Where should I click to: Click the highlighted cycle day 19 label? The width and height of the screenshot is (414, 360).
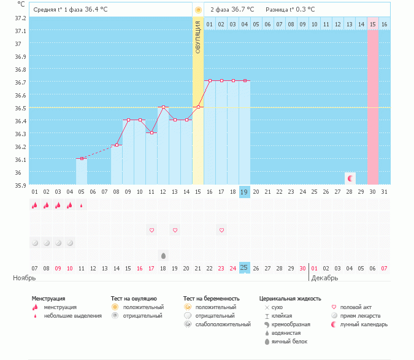[244, 192]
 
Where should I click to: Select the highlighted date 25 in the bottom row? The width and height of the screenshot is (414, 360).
[244, 267]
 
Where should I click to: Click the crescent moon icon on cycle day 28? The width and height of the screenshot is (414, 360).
[350, 178]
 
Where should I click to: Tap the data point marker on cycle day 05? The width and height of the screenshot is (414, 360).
[82, 159]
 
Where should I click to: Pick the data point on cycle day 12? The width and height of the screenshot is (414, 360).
[163, 107]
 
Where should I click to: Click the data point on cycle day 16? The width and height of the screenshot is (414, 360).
[210, 80]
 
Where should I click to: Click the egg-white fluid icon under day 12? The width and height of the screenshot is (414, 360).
[163, 255]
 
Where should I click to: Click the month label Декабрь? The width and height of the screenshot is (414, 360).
[326, 278]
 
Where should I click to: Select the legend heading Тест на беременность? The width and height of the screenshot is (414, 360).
[211, 298]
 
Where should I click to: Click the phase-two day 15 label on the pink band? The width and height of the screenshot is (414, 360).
[372, 24]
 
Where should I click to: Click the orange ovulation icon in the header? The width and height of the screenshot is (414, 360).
[198, 10]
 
